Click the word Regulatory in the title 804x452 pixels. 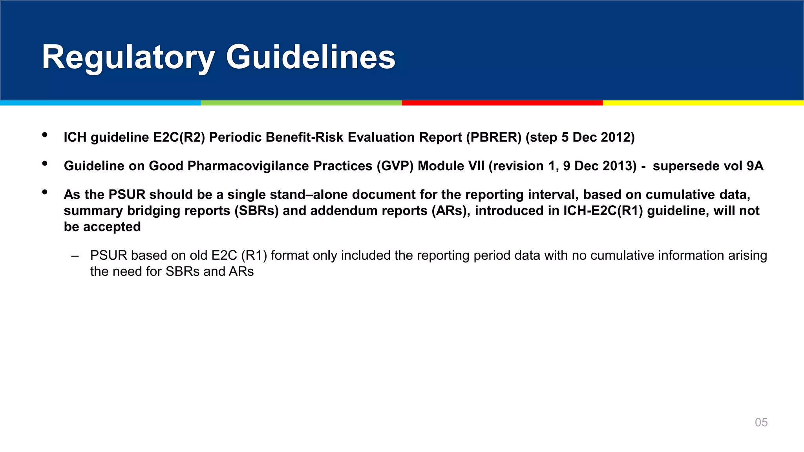tap(128, 58)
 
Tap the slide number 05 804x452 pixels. tap(761, 422)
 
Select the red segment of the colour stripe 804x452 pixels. tap(502, 103)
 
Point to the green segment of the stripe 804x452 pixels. tap(301, 103)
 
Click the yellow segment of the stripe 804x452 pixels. tap(703, 103)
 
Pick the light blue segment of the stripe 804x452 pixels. tap(100, 103)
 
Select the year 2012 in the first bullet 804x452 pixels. tap(618, 137)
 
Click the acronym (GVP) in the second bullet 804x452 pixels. tap(395, 166)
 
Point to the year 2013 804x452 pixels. tap(619, 166)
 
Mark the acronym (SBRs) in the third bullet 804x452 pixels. tap(256, 211)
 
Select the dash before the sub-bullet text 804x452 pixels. tap(75, 256)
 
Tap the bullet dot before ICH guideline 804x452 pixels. tap(45, 135)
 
